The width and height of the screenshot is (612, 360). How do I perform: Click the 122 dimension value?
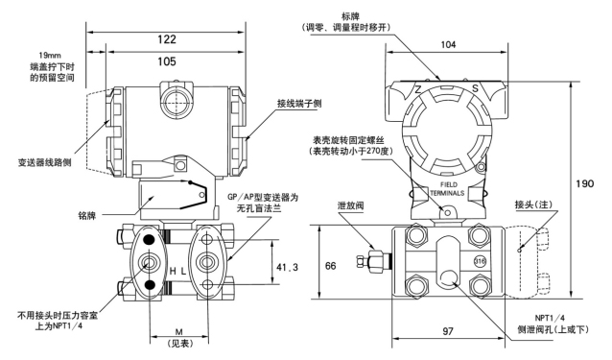click(x=167, y=39)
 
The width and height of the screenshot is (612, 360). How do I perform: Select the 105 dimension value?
click(x=167, y=61)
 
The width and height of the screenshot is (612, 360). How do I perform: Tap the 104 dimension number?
click(x=448, y=44)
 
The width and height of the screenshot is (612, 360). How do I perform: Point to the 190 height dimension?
click(x=585, y=183)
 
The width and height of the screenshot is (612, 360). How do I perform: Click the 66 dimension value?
click(x=330, y=266)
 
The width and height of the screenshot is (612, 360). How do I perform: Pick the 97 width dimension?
click(x=448, y=331)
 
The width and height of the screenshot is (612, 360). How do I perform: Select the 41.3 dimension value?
click(x=287, y=267)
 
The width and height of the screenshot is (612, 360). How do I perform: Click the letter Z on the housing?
click(x=417, y=89)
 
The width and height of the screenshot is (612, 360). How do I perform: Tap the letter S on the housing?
click(x=475, y=88)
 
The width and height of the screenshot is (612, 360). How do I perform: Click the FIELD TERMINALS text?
click(x=447, y=189)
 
